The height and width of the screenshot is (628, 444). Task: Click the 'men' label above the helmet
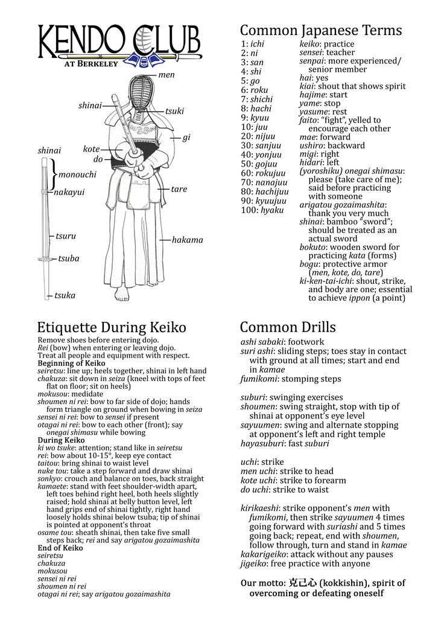point(166,75)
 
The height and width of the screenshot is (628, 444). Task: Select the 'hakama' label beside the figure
point(188,240)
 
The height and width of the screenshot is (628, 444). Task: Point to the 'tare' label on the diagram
point(179,189)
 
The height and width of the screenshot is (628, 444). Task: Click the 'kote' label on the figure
point(91,149)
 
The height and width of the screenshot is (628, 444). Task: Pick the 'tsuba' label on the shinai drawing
point(68,258)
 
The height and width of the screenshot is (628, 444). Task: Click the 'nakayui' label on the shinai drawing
point(69,193)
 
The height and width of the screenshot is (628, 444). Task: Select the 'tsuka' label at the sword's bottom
point(65,295)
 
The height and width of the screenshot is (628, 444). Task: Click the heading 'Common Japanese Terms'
point(321,30)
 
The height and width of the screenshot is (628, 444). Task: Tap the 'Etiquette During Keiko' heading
point(112,327)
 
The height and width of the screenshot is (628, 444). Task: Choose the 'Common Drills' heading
point(288,327)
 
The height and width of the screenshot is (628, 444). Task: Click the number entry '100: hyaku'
point(262,210)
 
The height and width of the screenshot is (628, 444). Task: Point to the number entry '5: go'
point(250,80)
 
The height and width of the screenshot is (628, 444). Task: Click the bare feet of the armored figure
point(122,296)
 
